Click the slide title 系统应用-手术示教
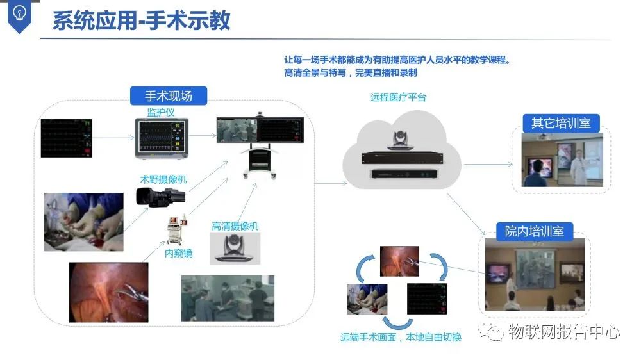point(141,20)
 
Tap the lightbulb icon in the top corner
point(19,15)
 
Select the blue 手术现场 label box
point(168,96)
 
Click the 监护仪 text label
point(160,112)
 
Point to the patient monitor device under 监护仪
point(161,136)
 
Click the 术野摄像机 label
point(163,179)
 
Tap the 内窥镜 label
point(178,253)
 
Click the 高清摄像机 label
point(235,226)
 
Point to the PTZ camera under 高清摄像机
point(236,247)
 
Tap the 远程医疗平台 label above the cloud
point(398,97)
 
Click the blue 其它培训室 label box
point(561,123)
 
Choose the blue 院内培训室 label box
point(535,231)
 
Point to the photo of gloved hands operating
point(83,221)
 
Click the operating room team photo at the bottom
point(228,297)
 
